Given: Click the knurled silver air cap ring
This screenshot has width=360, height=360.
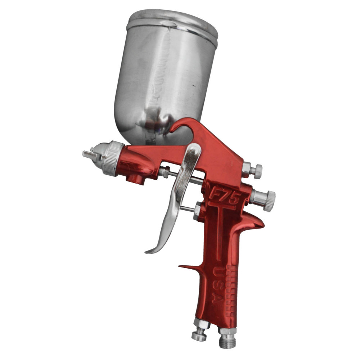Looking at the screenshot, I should coord(112,158).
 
